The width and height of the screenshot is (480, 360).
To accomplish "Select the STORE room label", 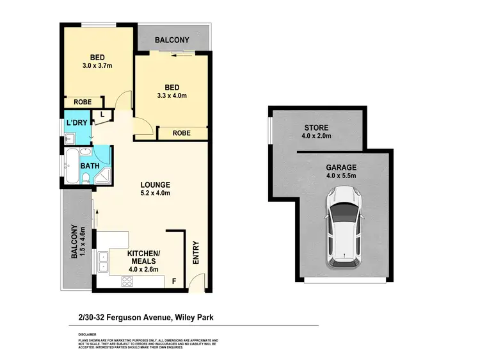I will click(x=316, y=127).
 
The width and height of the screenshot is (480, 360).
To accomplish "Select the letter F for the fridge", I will click(x=173, y=280).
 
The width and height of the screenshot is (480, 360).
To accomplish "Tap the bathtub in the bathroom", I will click(x=71, y=166).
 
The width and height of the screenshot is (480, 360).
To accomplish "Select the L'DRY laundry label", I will click(x=76, y=122).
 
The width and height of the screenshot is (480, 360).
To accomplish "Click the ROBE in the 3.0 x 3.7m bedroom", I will click(x=82, y=102).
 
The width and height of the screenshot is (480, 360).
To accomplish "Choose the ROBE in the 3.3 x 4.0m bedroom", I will click(x=182, y=133).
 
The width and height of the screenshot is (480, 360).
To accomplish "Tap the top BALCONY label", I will click(x=173, y=40).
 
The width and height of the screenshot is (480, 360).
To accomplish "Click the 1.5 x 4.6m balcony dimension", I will click(x=83, y=242).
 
